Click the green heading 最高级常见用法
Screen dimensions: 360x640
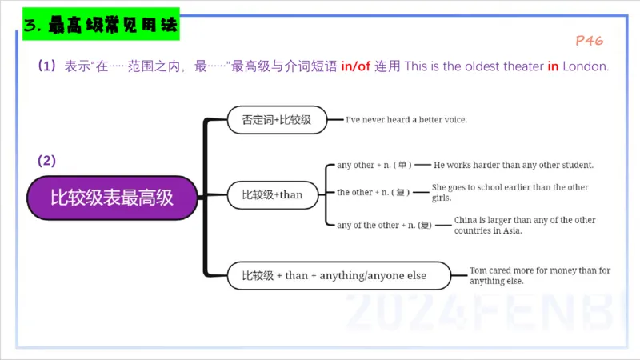(x=101, y=26)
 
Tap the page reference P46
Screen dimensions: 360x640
(x=589, y=40)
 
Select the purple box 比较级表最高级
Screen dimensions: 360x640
(x=112, y=197)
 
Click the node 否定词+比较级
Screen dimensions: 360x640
(x=277, y=120)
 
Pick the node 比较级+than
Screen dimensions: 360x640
(x=273, y=194)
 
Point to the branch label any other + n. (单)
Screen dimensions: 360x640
(x=374, y=166)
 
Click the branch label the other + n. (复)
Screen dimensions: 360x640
(x=374, y=193)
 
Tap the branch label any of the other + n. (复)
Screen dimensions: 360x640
(x=384, y=226)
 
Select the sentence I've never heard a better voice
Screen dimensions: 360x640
(x=406, y=120)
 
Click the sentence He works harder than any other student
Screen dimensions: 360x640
(x=513, y=166)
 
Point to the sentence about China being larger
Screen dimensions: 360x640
(x=525, y=226)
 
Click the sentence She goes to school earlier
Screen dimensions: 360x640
(x=510, y=193)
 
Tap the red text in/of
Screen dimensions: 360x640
(x=356, y=66)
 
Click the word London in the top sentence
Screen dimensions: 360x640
(x=586, y=66)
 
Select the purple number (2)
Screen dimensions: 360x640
(x=47, y=161)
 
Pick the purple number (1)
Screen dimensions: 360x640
(x=47, y=66)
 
